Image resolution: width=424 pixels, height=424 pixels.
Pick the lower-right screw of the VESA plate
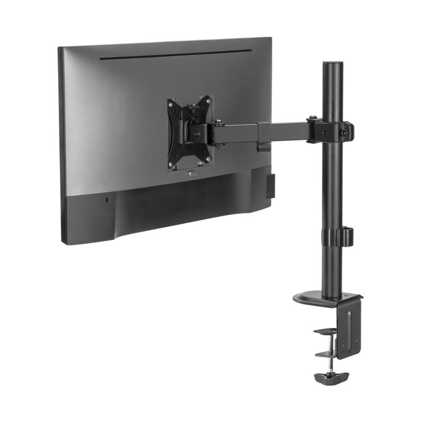pos(208,158)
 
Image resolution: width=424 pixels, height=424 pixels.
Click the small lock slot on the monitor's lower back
pos(107,200)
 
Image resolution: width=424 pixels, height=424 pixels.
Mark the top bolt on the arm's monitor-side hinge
pos(217,123)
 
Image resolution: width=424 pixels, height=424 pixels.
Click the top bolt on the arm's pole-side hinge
pos(314,119)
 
